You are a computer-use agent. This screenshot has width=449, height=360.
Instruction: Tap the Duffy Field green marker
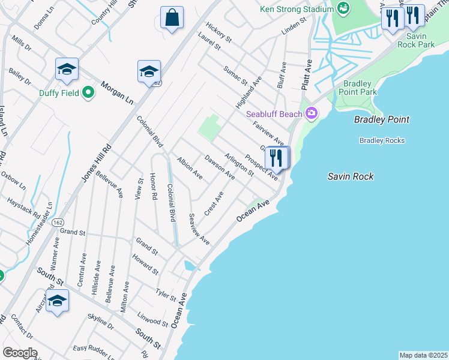point(88,93)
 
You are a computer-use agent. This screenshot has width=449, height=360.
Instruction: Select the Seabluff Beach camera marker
point(311,113)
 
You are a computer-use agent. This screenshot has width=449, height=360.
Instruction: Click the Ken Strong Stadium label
point(297,9)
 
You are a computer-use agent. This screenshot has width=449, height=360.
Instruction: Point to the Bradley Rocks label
point(382,140)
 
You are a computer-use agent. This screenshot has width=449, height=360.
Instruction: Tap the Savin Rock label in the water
point(351,176)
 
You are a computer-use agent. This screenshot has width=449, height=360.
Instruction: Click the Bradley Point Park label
point(358,88)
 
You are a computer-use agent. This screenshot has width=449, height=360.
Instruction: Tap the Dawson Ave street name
point(219,167)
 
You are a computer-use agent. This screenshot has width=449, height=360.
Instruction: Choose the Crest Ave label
point(214,204)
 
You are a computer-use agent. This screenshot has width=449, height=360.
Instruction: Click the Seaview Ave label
point(199,229)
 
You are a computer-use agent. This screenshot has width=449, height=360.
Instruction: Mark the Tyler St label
point(166,295)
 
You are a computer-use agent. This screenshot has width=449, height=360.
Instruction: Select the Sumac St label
point(235,76)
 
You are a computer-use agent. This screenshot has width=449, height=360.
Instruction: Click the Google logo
point(19,353)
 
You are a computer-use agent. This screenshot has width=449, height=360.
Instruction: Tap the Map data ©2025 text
point(423,355)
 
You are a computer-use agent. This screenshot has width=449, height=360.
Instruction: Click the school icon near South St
point(57,302)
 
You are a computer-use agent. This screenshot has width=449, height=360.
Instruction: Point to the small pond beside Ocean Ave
point(190,265)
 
